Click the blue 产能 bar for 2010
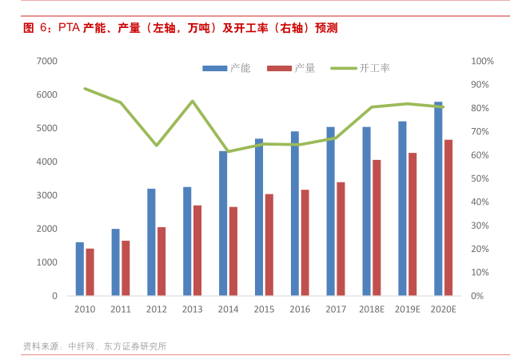(x=80, y=269)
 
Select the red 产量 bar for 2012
(x=161, y=262)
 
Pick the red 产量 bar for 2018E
(x=377, y=228)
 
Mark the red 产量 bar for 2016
(x=305, y=242)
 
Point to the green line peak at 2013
(x=193, y=101)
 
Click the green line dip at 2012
(x=157, y=145)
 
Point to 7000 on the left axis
(x=47, y=61)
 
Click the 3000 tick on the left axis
(x=47, y=195)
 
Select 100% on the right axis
(x=482, y=61)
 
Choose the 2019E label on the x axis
(x=407, y=310)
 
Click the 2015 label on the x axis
(x=264, y=310)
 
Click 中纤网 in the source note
(x=82, y=346)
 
